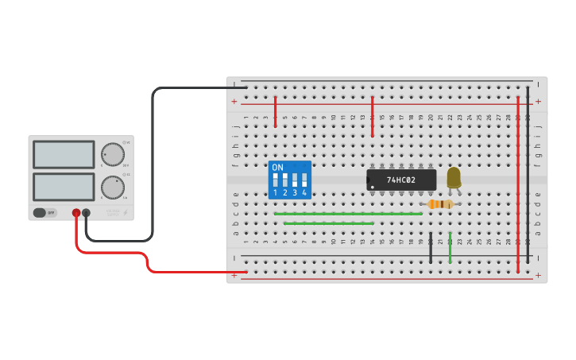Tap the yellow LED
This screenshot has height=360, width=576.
tap(454, 177)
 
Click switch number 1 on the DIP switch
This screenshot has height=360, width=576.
tap(276, 180)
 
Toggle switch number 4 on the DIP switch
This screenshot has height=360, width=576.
tap(304, 180)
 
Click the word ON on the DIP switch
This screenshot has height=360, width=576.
tap(277, 167)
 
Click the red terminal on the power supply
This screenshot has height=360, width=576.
tap(76, 213)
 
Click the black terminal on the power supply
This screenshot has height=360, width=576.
tap(86, 213)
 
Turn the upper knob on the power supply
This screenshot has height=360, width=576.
tap(113, 154)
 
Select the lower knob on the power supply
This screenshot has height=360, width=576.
tap(113, 188)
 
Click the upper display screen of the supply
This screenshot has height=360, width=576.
tap(64, 154)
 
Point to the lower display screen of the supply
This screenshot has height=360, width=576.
tap(64, 187)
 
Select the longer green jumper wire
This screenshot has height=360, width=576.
tap(348, 214)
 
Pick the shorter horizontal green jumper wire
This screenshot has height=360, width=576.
tap(328, 223)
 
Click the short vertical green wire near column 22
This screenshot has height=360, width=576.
tap(450, 248)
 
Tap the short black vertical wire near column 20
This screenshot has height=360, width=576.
tap(431, 248)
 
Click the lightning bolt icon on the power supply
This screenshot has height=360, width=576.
tap(125, 212)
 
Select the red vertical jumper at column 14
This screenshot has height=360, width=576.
tap(372, 116)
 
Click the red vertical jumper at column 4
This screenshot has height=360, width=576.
tap(275, 111)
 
